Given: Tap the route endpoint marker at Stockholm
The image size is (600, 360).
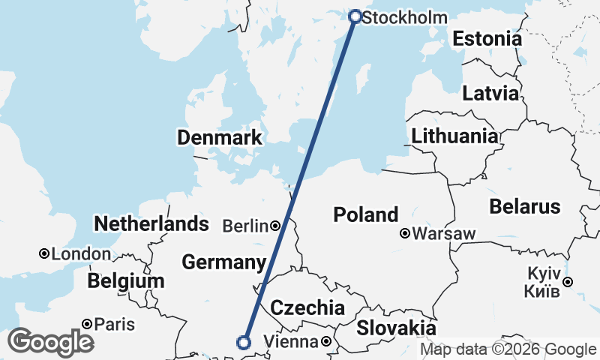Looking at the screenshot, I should click(x=355, y=16).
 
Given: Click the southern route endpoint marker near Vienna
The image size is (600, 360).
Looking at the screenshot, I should click(x=243, y=343).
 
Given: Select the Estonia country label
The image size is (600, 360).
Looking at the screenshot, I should click(x=487, y=39).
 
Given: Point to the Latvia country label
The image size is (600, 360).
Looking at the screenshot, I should click(x=490, y=94).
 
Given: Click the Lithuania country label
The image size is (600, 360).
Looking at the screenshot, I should click(x=454, y=136).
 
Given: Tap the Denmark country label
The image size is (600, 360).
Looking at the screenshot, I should click(x=220, y=137).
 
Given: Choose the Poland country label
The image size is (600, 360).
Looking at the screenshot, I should click(x=366, y=215).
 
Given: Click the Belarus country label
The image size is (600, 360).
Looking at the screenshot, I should click(x=524, y=206).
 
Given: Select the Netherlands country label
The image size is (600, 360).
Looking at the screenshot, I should click(x=151, y=223).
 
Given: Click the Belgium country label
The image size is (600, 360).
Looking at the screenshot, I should click(x=125, y=281).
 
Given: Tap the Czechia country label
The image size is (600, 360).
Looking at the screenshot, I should click(x=307, y=307).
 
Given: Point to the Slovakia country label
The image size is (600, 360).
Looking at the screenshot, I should click(x=396, y=328).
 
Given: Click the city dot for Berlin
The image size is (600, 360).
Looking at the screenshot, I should click(x=276, y=225).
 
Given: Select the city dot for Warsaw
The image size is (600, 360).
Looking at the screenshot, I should click(x=405, y=233).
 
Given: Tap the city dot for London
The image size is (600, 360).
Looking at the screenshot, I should click(x=44, y=254).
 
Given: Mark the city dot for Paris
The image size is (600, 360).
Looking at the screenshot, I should click(x=88, y=324).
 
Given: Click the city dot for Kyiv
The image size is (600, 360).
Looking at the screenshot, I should click(x=568, y=282).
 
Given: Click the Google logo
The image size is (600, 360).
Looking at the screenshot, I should click(x=50, y=342).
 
